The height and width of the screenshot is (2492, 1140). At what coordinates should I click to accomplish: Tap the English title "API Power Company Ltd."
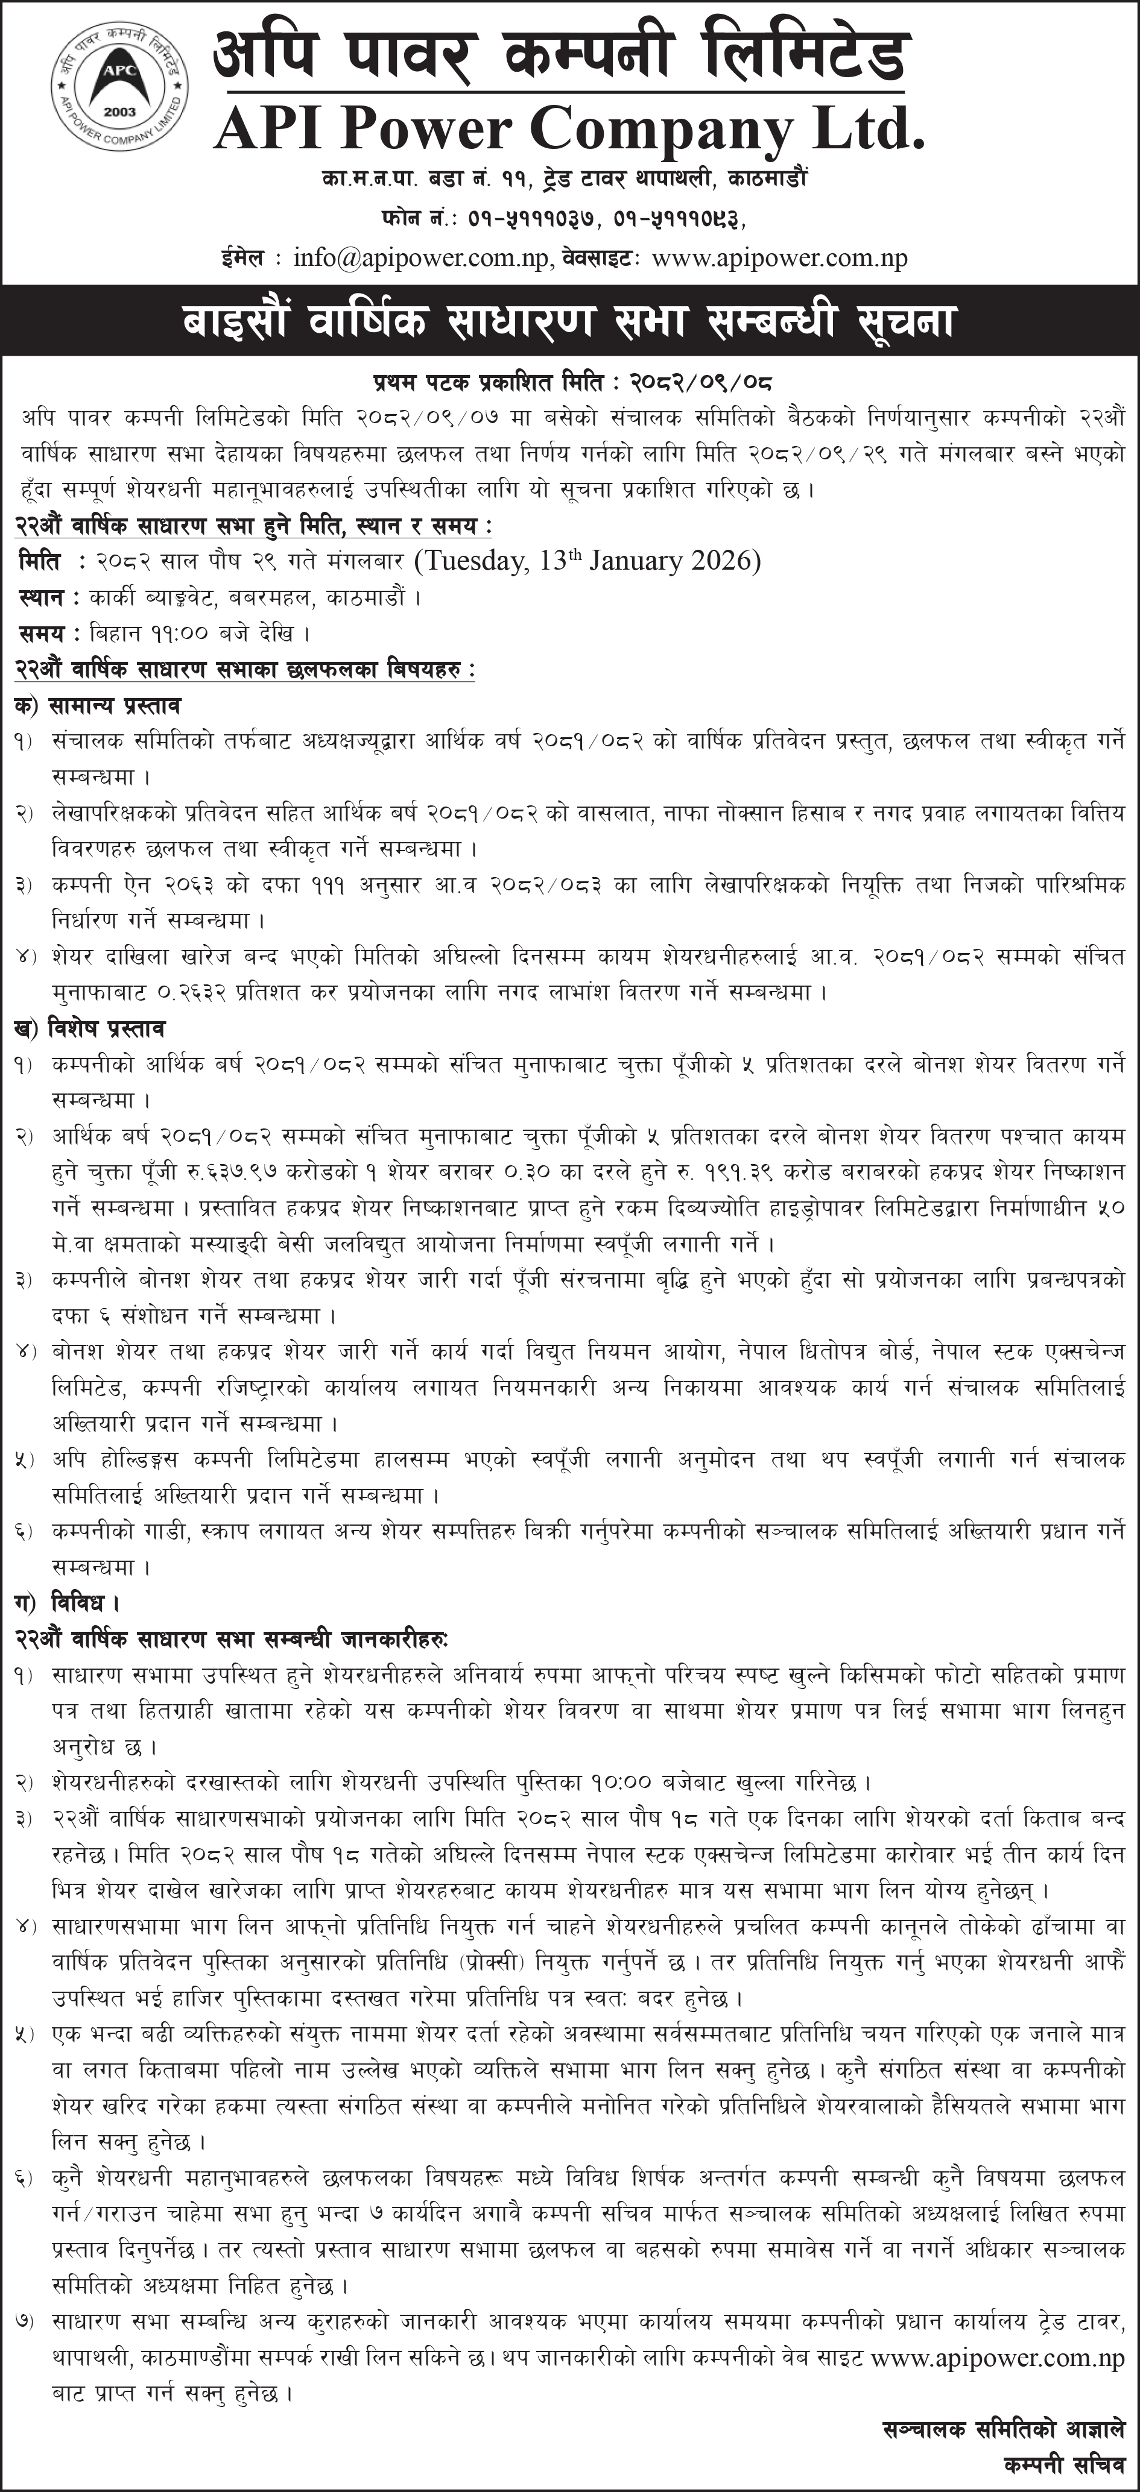click(x=568, y=128)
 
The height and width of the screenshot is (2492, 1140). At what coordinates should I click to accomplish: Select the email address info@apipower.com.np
click(x=423, y=257)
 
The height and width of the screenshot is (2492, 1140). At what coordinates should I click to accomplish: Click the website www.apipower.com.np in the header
click(x=779, y=257)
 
